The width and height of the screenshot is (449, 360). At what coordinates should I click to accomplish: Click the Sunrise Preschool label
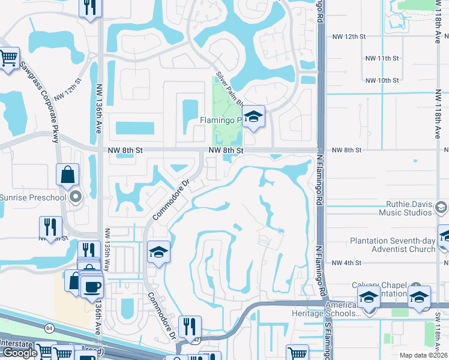(33, 196)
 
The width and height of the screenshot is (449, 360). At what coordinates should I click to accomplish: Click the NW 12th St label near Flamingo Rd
(349, 37)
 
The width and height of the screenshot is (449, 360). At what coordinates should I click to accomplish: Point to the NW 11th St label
(382, 58)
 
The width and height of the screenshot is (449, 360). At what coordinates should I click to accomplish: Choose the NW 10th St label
(382, 80)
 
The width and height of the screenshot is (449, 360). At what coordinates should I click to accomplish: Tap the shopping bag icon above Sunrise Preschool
(68, 175)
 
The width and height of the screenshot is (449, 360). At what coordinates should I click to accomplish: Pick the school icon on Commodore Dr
(158, 251)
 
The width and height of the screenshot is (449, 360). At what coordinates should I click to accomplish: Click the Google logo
(19, 353)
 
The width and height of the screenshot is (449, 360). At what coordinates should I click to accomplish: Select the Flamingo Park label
(220, 120)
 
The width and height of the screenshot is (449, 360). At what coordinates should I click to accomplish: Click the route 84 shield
(48, 328)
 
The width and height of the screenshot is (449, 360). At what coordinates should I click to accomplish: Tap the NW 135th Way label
(108, 250)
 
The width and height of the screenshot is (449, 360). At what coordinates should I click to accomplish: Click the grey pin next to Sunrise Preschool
(74, 196)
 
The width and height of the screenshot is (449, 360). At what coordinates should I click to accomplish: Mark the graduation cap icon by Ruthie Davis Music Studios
(441, 208)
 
